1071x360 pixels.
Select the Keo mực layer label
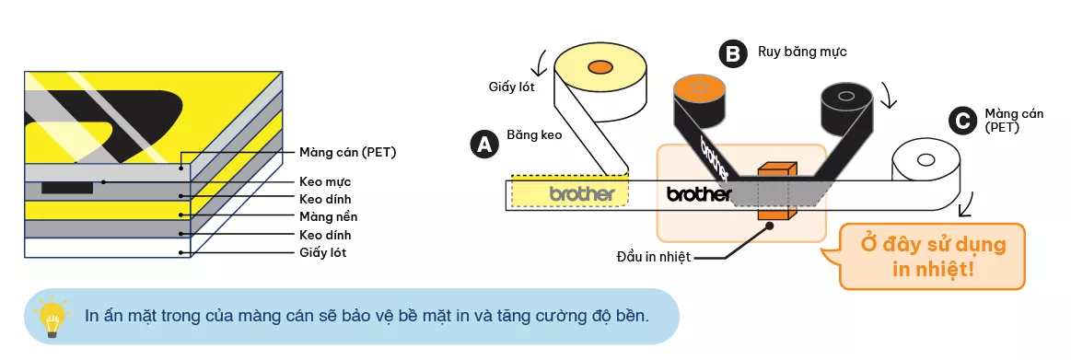coord(325,181)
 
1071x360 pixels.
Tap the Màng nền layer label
coord(328,216)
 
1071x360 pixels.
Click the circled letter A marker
coord(482,144)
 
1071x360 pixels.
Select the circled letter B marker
coord(732,54)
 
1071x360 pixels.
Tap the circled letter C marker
coord(962,120)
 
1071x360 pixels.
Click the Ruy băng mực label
coord(802,52)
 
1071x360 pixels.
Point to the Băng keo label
coord(534,134)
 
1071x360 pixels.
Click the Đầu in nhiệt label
coord(653,255)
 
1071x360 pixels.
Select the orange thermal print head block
coord(775,191)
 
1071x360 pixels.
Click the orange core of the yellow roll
coord(600,66)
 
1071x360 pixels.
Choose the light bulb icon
coord(52,316)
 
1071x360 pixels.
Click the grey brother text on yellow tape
coord(581,193)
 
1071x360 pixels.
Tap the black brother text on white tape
coord(698,194)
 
